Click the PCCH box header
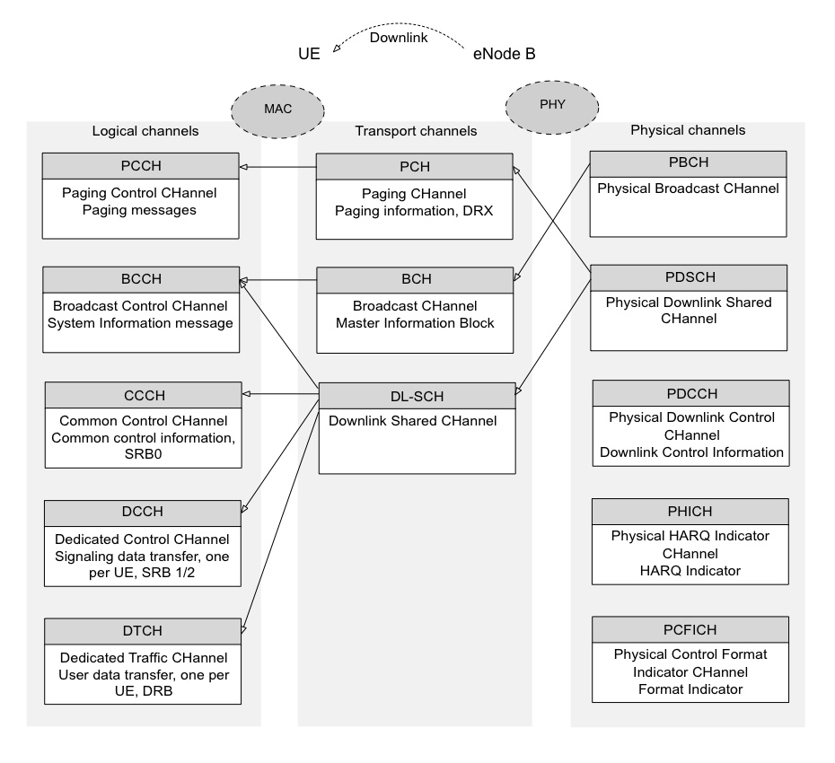click(141, 166)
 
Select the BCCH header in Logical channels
click(141, 279)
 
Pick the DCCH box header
click(144, 513)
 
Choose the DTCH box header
click(144, 630)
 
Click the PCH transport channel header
click(414, 166)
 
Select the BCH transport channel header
click(414, 279)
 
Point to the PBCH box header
click(688, 162)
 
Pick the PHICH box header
click(690, 511)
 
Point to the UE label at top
click(310, 55)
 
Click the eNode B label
click(504, 55)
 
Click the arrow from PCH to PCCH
click(277, 167)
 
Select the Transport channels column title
click(416, 131)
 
